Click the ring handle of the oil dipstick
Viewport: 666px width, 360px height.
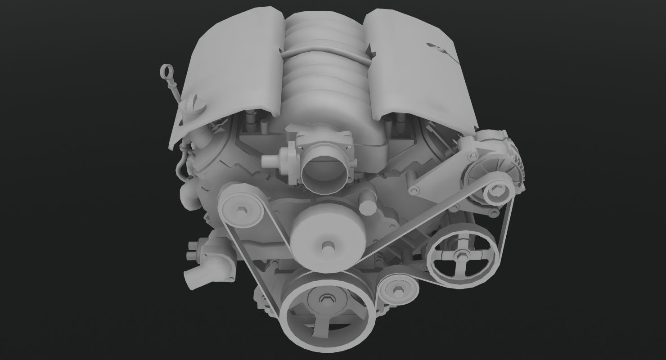pos(166,72)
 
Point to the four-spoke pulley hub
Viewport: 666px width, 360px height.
pos(460,257)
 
